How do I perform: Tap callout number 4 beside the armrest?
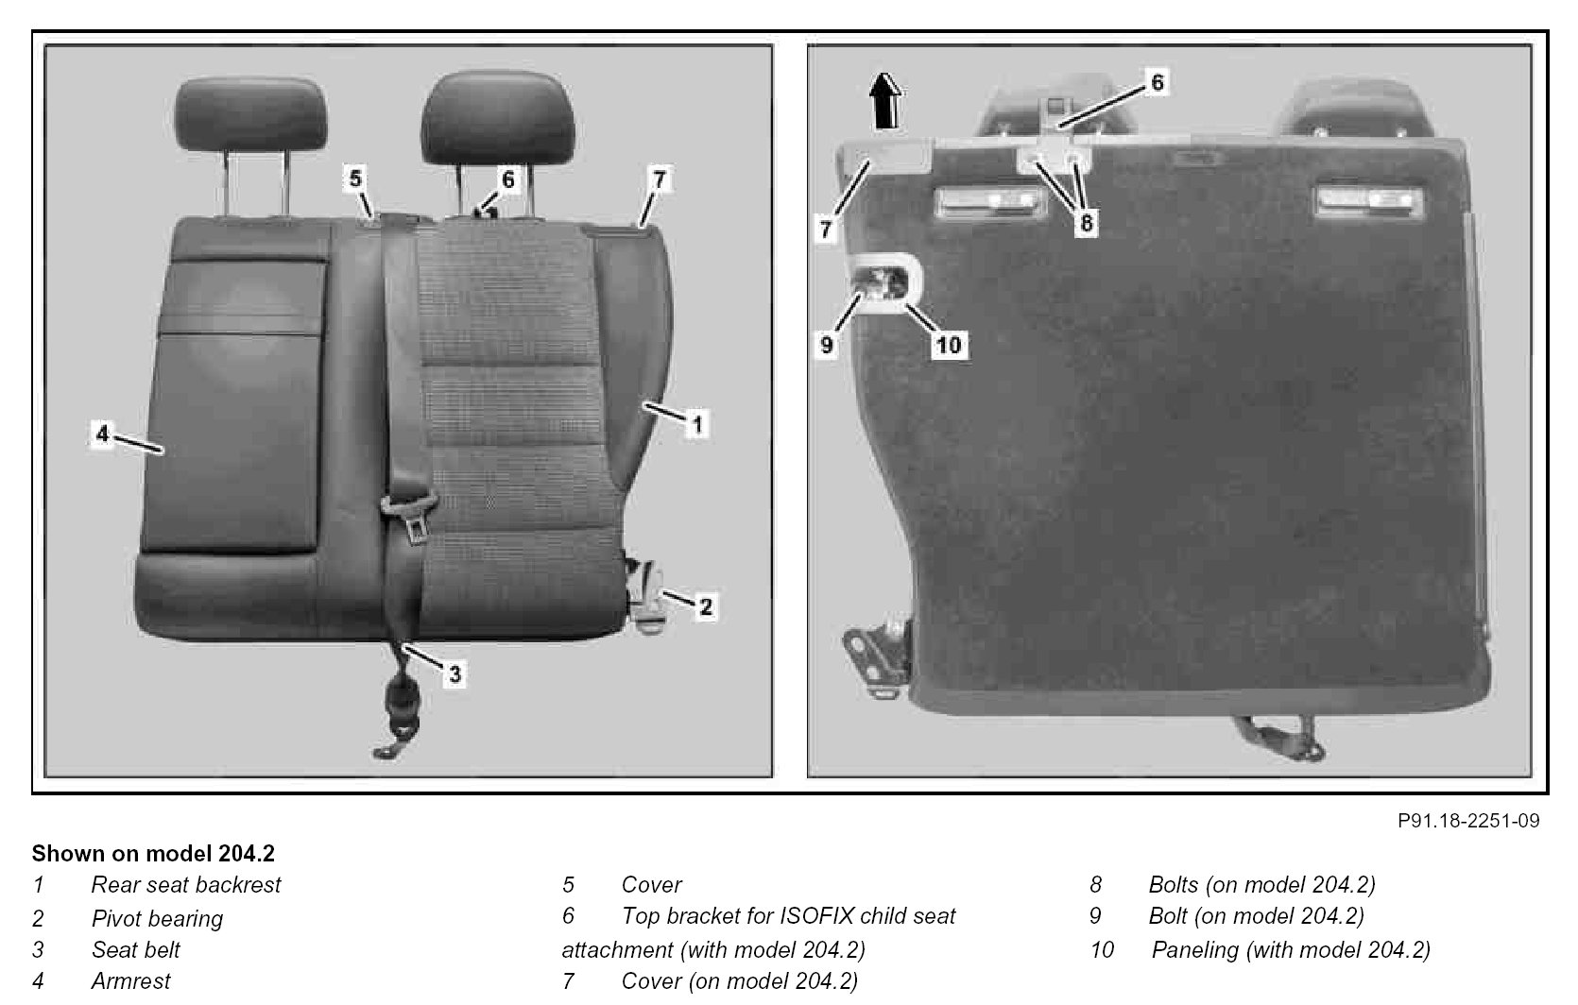coord(103,434)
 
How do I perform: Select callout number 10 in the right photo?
coord(949,345)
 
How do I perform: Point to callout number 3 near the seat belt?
coord(455,674)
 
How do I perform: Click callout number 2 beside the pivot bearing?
coord(706,606)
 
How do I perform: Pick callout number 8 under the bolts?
coord(1086,223)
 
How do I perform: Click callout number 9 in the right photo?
coord(827,345)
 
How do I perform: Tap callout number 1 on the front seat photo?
coord(697,424)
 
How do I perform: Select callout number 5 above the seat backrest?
coord(355,179)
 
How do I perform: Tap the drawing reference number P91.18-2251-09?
coord(1468,821)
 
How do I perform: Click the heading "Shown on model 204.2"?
coord(153,854)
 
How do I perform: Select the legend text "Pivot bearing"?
coord(157,918)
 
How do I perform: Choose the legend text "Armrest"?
coord(131,981)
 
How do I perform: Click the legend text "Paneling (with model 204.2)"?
coord(1292,950)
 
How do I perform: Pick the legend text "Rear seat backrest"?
coord(186,884)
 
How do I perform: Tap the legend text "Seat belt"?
coord(136,949)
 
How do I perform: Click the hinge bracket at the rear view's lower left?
coord(877,658)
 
